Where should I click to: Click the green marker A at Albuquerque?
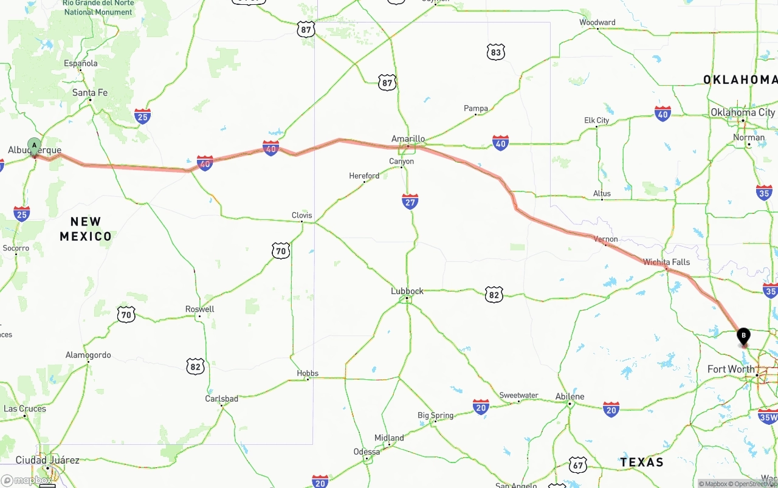point(35,146)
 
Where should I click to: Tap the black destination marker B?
point(743,335)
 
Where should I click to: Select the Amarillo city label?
point(408,139)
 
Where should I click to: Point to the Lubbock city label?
point(407,291)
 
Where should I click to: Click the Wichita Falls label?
point(667,262)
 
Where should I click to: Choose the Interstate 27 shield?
point(410,201)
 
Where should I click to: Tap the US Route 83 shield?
point(496,52)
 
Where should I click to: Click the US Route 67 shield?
point(578,465)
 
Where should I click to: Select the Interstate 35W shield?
point(768,416)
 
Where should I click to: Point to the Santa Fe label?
point(90,92)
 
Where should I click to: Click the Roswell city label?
point(200,309)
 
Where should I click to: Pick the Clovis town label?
point(302,215)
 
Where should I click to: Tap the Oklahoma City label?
point(743,112)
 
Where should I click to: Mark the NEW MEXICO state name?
point(86,229)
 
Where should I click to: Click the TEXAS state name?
point(642,462)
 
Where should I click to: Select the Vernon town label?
point(606,239)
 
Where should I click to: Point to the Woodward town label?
point(597,22)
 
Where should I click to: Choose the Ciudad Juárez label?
point(47,460)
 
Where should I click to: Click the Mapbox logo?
point(27,480)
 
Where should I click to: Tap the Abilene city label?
point(570,396)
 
